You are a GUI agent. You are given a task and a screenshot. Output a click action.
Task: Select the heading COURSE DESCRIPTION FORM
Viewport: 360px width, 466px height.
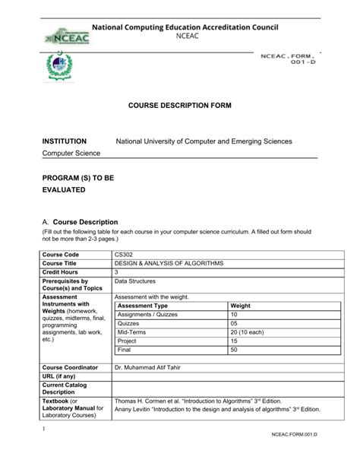(179, 105)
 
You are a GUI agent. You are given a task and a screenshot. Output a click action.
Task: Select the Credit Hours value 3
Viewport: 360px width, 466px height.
(117, 271)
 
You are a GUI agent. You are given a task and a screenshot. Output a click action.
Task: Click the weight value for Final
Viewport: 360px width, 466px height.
(234, 350)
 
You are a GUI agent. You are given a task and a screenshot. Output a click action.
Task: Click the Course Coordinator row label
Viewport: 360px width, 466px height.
(70, 367)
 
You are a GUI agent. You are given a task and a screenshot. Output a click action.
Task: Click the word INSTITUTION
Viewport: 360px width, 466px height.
(65, 141)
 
